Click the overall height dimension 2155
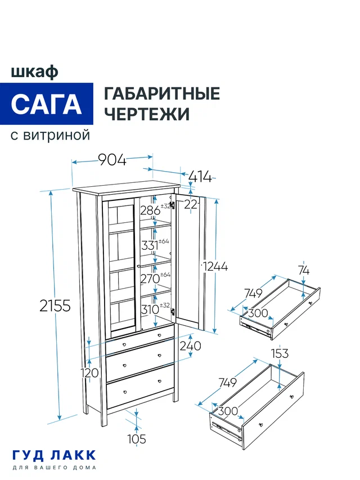pos(55,306)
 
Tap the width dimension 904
pos(112,160)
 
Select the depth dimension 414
pos(200,177)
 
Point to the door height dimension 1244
pos(215,267)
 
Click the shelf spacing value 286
pos(150,211)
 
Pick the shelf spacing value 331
pos(150,245)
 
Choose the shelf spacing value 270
pos(150,278)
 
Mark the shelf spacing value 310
pos(150,309)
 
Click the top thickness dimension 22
pos(191,205)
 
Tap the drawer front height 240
pos(190,347)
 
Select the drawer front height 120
pos(90,373)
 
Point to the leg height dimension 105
pos(137,439)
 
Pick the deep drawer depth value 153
pos(280,353)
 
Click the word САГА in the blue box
pos(46,104)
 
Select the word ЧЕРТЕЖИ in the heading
pos(147,114)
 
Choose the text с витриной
pos(50,136)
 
